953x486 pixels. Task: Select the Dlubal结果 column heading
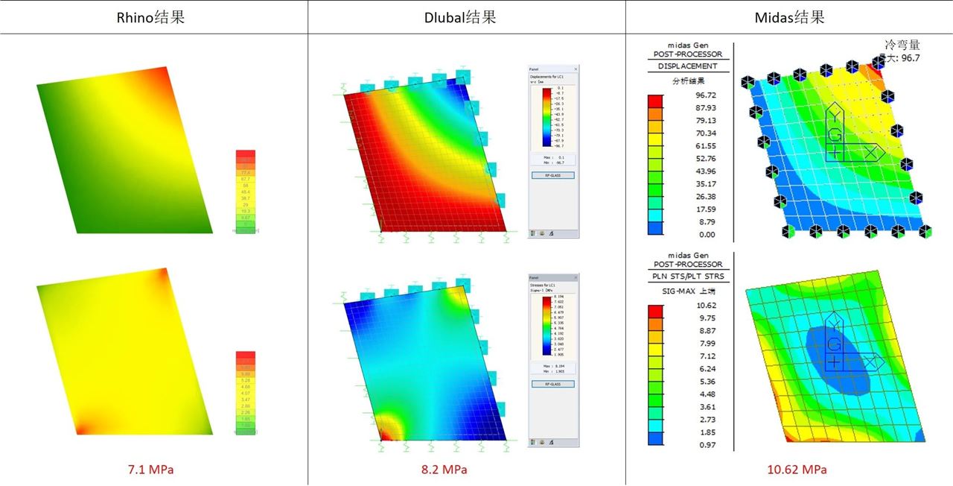(x=466, y=17)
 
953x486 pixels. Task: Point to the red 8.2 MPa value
(x=444, y=470)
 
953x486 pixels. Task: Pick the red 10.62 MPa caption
(x=797, y=470)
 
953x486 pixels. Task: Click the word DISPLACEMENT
(x=687, y=66)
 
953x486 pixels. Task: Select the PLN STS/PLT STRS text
(x=687, y=277)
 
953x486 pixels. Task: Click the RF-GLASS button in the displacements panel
(x=552, y=175)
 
